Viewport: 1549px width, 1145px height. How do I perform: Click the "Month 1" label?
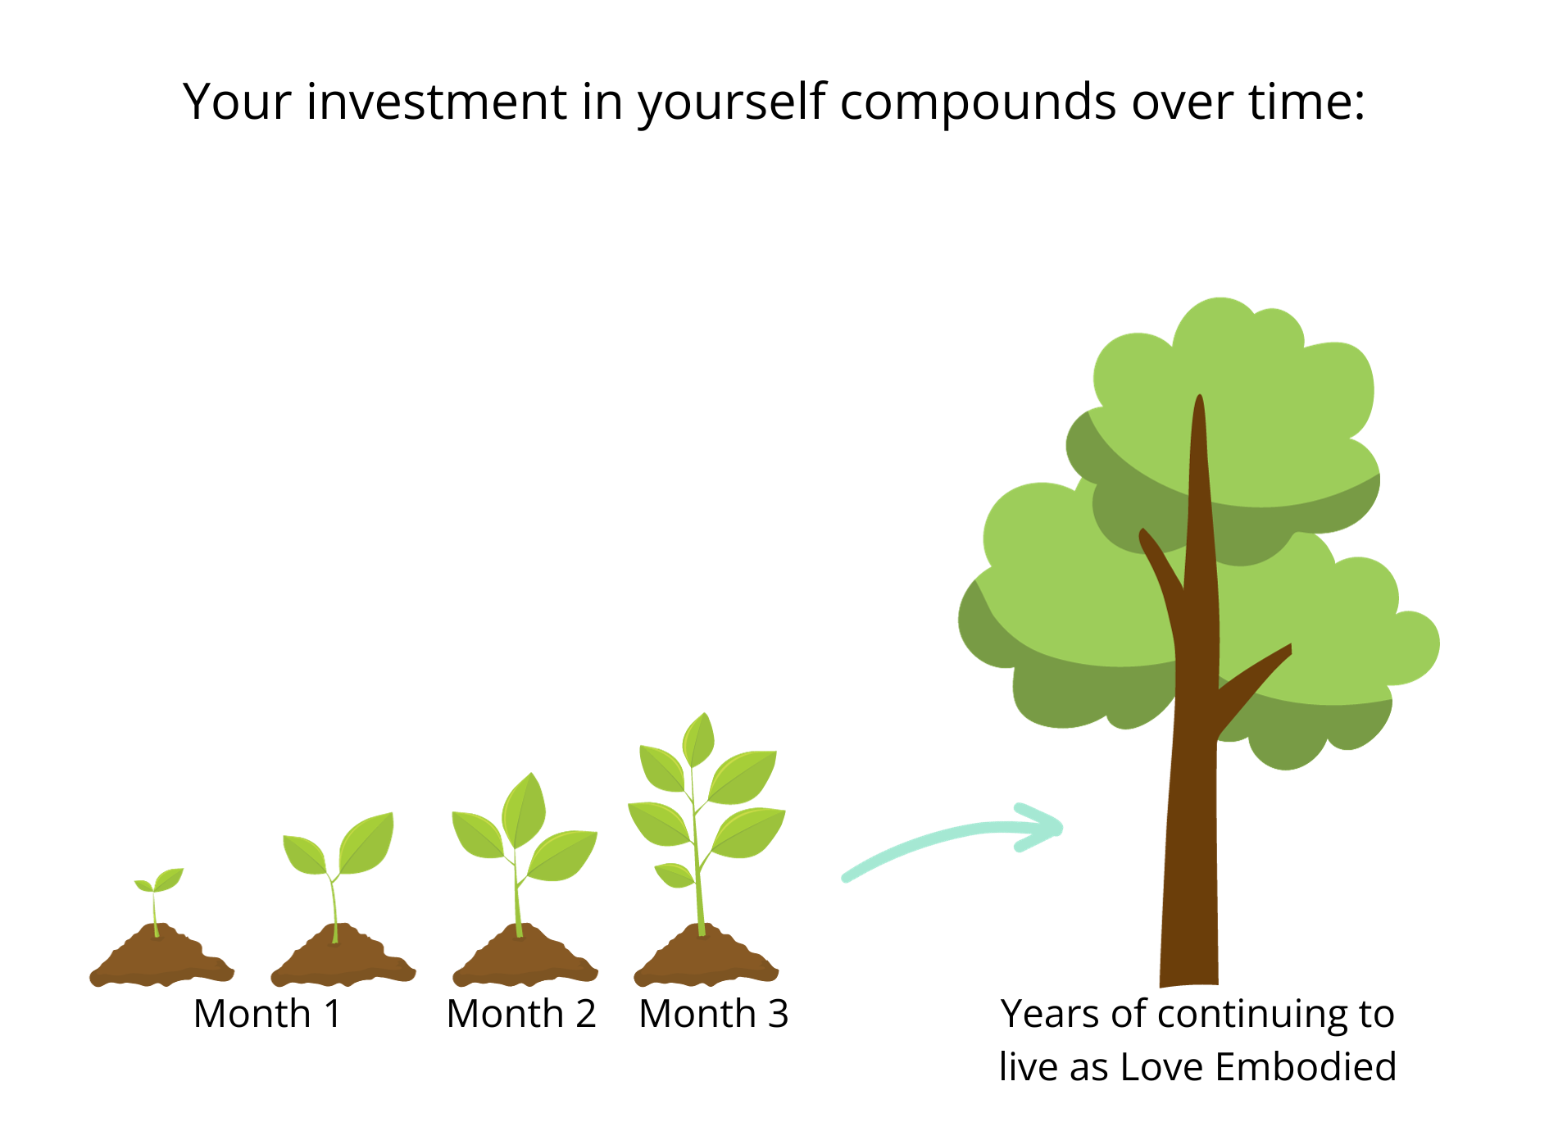click(x=267, y=1014)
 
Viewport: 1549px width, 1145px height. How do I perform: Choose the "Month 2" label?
click(x=521, y=1014)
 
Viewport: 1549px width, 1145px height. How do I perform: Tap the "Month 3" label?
click(x=714, y=1014)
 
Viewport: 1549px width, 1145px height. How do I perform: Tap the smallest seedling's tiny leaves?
click(x=159, y=880)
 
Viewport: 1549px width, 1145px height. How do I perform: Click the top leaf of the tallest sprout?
click(x=698, y=739)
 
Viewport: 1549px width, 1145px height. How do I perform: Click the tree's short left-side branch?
click(x=1161, y=566)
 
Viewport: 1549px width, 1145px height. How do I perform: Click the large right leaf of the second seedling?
click(x=366, y=843)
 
